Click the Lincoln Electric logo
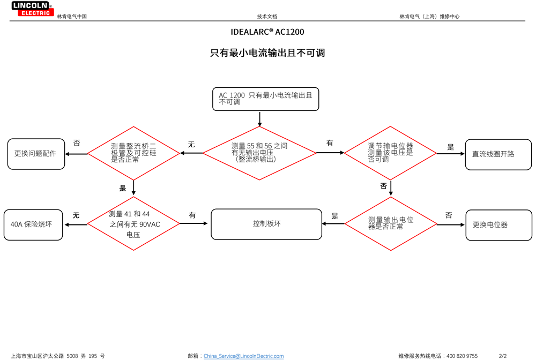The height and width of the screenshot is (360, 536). coord(32,9)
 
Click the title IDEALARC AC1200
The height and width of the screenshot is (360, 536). coord(267,32)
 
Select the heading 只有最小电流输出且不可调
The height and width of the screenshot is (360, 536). coord(267,53)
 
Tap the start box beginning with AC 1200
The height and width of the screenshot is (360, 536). coord(265,99)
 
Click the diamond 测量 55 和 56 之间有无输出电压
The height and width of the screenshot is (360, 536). coord(259,153)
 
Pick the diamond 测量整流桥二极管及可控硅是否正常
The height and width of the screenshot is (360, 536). coord(133,153)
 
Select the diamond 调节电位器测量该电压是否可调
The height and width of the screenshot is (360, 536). coord(390,153)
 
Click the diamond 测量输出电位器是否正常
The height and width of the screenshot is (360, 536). coord(391,223)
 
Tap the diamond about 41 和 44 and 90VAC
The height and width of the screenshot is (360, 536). coord(133,223)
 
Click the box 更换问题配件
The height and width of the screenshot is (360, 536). coord(35,154)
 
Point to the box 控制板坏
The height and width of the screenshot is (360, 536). coord(266,224)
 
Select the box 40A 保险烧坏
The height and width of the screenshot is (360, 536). coord(32,224)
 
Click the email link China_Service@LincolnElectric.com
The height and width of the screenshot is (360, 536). coord(243,356)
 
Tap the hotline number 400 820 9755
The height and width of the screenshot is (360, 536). coord(462,356)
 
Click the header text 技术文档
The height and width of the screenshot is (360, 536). coord(267,17)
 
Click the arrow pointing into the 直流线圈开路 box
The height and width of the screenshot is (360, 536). coord(451,154)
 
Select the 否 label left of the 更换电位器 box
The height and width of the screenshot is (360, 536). coord(449,215)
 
